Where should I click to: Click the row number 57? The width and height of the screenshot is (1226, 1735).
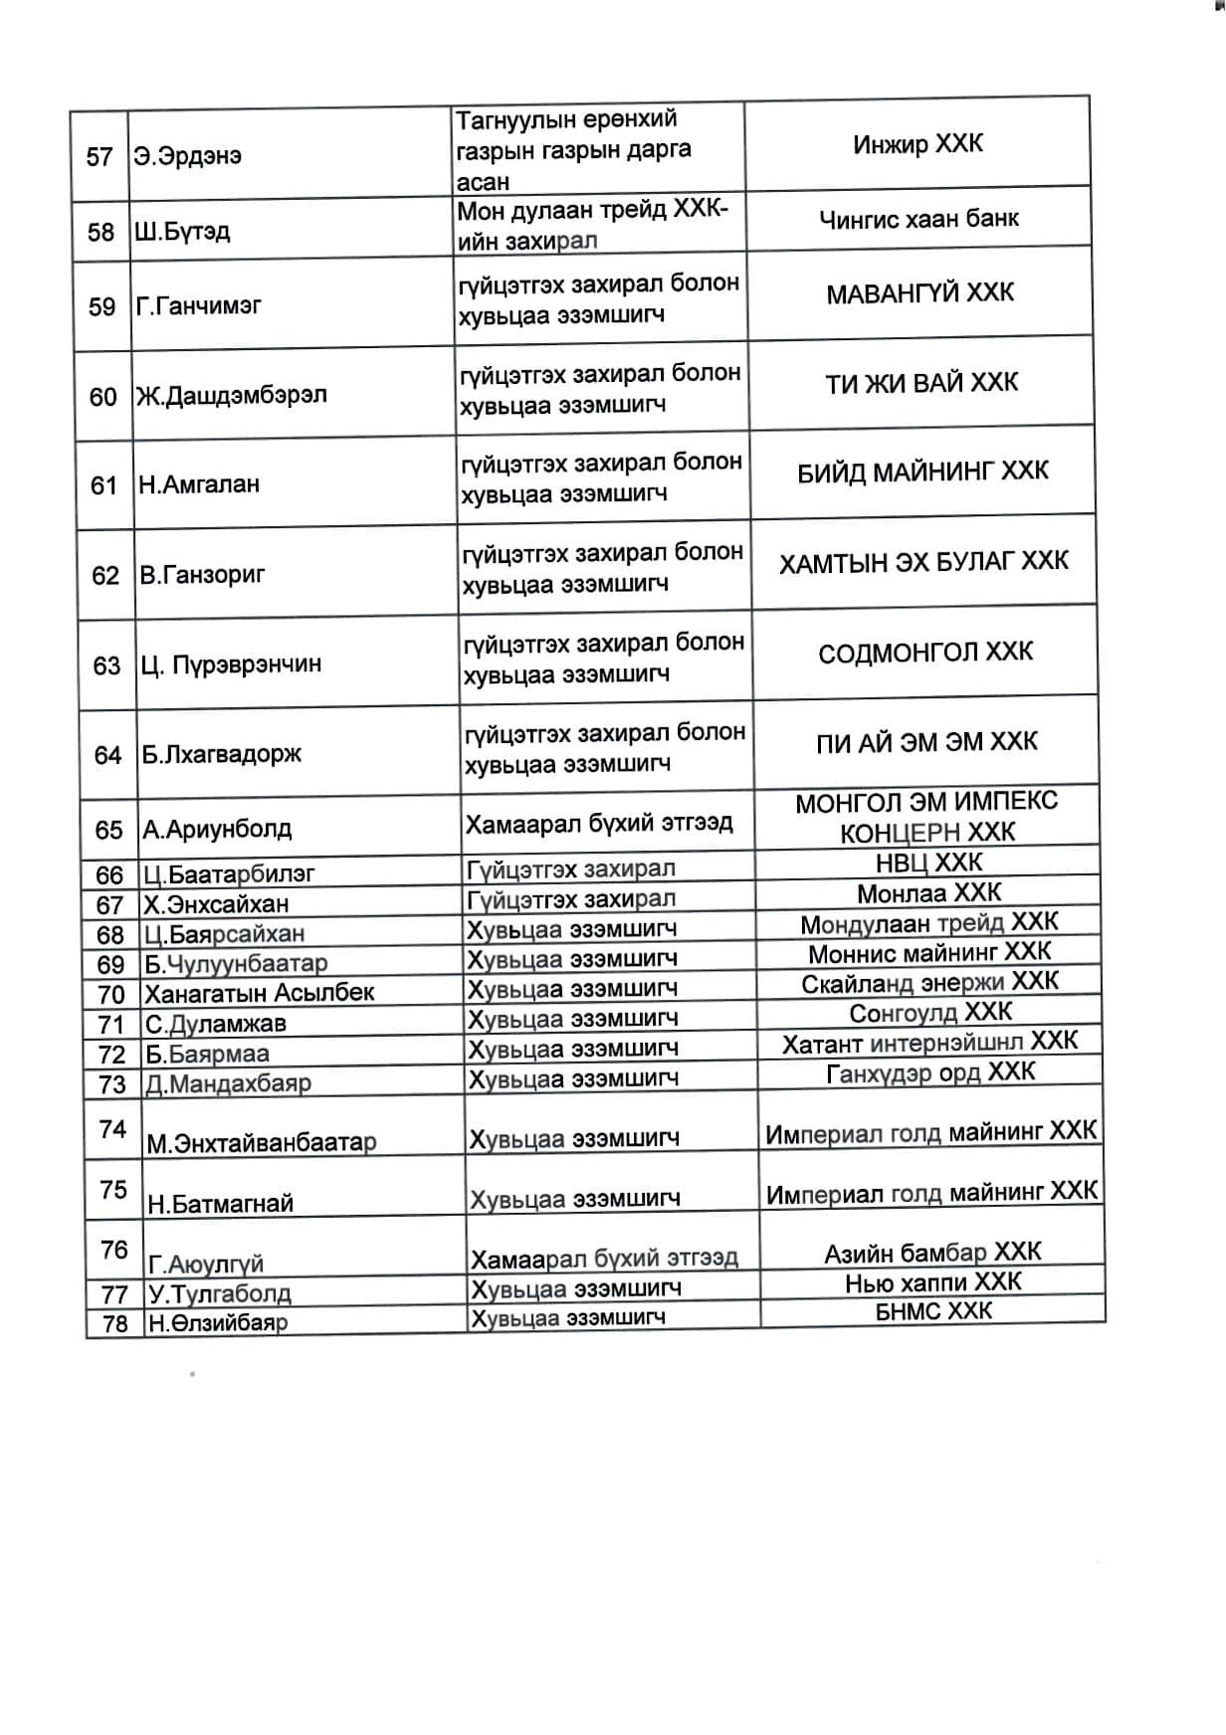click(x=100, y=157)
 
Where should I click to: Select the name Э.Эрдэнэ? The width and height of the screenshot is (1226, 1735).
click(x=188, y=156)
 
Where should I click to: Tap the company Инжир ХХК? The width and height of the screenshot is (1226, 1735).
click(x=918, y=144)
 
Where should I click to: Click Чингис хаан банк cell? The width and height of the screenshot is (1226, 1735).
click(x=919, y=218)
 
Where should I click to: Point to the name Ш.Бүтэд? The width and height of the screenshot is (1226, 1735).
click(x=182, y=232)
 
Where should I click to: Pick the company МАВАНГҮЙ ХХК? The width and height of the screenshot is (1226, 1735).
click(x=919, y=293)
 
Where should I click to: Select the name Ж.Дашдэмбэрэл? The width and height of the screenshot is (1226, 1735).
click(x=232, y=396)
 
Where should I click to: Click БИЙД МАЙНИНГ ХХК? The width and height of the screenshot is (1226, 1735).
click(x=922, y=472)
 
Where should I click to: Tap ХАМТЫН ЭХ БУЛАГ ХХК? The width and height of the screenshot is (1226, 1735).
click(x=923, y=562)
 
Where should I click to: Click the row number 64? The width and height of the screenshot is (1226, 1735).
click(x=107, y=755)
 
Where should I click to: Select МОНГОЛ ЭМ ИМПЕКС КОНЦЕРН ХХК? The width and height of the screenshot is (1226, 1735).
click(x=926, y=817)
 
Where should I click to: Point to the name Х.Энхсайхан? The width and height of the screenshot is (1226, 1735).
click(x=216, y=904)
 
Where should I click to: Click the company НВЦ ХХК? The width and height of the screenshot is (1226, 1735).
click(x=929, y=862)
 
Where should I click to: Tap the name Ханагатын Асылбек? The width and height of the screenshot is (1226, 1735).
click(x=260, y=993)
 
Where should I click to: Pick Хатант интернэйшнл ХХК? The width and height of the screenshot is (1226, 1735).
click(x=929, y=1043)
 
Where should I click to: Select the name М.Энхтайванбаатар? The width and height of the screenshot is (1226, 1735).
click(x=262, y=1143)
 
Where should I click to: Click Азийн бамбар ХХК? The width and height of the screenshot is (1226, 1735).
click(x=932, y=1253)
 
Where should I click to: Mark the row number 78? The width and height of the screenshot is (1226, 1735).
click(x=115, y=1324)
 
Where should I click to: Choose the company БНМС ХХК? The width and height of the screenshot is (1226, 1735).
click(x=933, y=1311)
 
